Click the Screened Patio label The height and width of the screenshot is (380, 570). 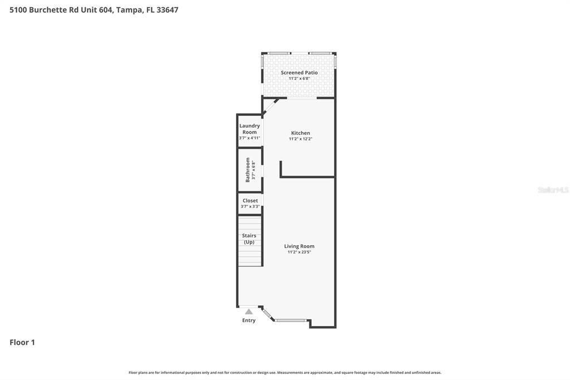[x=299, y=72]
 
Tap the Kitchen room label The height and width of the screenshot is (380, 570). [x=300, y=133]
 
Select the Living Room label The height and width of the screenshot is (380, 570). [x=299, y=246]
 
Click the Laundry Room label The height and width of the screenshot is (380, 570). [x=249, y=129]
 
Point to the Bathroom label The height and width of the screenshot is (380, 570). [x=248, y=169]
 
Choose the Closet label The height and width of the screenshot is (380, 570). [x=250, y=201]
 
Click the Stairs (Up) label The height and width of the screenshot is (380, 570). [x=249, y=238]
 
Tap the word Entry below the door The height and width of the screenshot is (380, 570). [x=249, y=320]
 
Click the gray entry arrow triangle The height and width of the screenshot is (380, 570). [x=249, y=311]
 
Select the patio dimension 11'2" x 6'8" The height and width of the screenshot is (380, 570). [x=299, y=79]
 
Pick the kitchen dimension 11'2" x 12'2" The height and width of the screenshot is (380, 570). [x=300, y=139]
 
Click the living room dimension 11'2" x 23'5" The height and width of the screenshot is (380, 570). [x=299, y=252]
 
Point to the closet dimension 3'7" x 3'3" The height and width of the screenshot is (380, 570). [x=250, y=207]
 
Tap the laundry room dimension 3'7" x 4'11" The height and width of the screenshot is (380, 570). [x=249, y=138]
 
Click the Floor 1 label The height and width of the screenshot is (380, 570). [x=22, y=343]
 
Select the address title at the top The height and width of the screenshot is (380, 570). [x=94, y=9]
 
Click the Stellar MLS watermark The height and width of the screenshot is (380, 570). [x=553, y=190]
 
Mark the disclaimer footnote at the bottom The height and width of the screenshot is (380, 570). [x=284, y=372]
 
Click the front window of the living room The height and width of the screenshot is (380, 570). [x=291, y=320]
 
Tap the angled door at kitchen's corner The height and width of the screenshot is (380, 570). [x=271, y=106]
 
